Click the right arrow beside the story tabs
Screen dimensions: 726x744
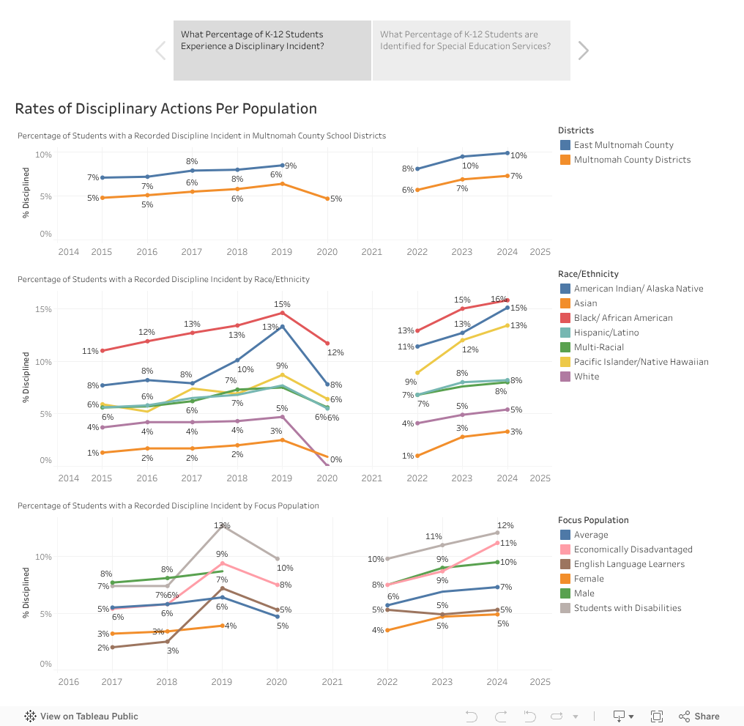point(583,50)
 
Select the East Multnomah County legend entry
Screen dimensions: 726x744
point(623,145)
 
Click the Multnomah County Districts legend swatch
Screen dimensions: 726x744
point(565,160)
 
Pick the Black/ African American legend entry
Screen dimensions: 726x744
point(622,318)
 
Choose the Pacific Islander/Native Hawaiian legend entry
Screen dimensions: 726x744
point(641,362)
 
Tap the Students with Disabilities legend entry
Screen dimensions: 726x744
point(627,608)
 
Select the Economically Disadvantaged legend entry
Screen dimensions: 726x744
point(633,549)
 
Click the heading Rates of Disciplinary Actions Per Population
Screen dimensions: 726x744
point(165,108)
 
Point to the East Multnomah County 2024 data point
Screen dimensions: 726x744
point(507,153)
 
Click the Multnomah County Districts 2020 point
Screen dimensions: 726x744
point(327,199)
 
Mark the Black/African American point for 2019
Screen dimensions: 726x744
point(283,313)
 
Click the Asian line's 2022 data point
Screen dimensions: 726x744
point(417,456)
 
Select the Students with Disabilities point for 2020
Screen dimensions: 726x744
point(277,559)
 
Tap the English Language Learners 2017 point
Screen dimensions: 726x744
point(112,647)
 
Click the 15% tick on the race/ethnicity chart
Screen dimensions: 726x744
point(42,309)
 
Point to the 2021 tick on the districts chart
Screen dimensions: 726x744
point(372,252)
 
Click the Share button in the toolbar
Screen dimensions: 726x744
point(699,716)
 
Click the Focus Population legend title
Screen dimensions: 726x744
point(593,520)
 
